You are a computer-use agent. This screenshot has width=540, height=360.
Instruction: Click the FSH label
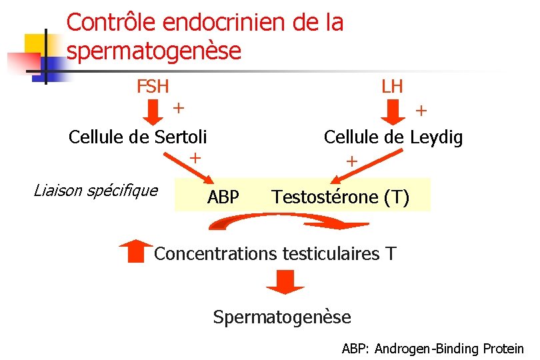click(x=153, y=87)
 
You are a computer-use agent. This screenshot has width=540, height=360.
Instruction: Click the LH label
click(x=392, y=87)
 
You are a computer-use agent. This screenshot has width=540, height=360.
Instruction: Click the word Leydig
click(x=436, y=138)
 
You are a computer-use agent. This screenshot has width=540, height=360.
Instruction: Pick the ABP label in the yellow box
click(x=223, y=197)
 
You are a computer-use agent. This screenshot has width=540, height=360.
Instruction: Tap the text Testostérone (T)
click(x=341, y=197)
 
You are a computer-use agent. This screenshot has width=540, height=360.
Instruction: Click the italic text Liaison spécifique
click(x=95, y=191)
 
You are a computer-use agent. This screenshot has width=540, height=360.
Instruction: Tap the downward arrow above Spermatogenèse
click(x=285, y=282)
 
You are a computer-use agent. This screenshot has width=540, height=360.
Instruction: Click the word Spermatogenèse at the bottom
click(x=282, y=317)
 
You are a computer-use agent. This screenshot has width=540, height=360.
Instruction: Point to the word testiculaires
click(x=329, y=254)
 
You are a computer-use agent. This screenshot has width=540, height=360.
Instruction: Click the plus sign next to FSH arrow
click(x=179, y=107)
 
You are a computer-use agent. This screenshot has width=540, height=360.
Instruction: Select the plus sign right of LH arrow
click(x=422, y=111)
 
